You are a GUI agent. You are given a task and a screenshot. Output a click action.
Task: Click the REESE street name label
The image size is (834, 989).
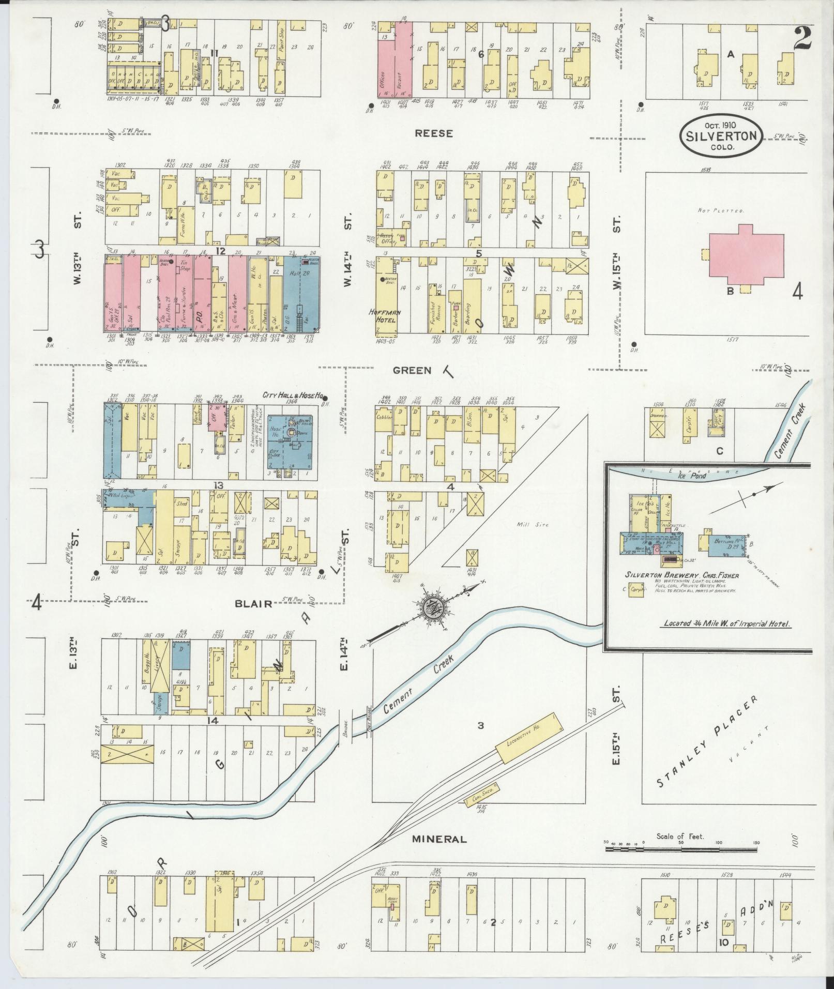pyautogui.click(x=433, y=133)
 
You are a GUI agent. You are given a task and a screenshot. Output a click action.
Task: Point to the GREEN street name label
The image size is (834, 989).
pyautogui.click(x=412, y=370)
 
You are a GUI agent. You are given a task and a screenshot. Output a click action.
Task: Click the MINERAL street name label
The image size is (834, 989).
pyautogui.click(x=439, y=839)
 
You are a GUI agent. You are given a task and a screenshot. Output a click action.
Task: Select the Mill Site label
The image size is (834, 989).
pyautogui.click(x=531, y=525)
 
